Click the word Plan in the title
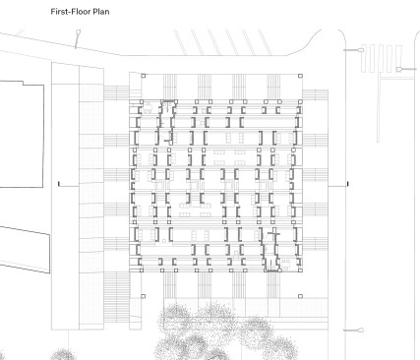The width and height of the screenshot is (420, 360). (x=101, y=12)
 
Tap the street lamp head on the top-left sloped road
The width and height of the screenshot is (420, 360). (x=79, y=32)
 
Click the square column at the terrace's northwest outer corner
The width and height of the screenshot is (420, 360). (x=144, y=76)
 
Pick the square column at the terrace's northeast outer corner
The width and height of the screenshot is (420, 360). (x=300, y=76)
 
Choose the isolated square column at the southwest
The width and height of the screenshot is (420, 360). (x=144, y=296)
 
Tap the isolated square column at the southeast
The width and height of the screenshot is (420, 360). (x=300, y=296)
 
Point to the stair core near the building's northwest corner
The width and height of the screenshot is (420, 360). (x=166, y=122)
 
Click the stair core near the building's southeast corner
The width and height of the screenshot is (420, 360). (x=270, y=250)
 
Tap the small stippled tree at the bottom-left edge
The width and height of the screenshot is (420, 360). (x=62, y=354)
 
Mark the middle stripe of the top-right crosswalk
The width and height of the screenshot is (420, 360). (x=381, y=58)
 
